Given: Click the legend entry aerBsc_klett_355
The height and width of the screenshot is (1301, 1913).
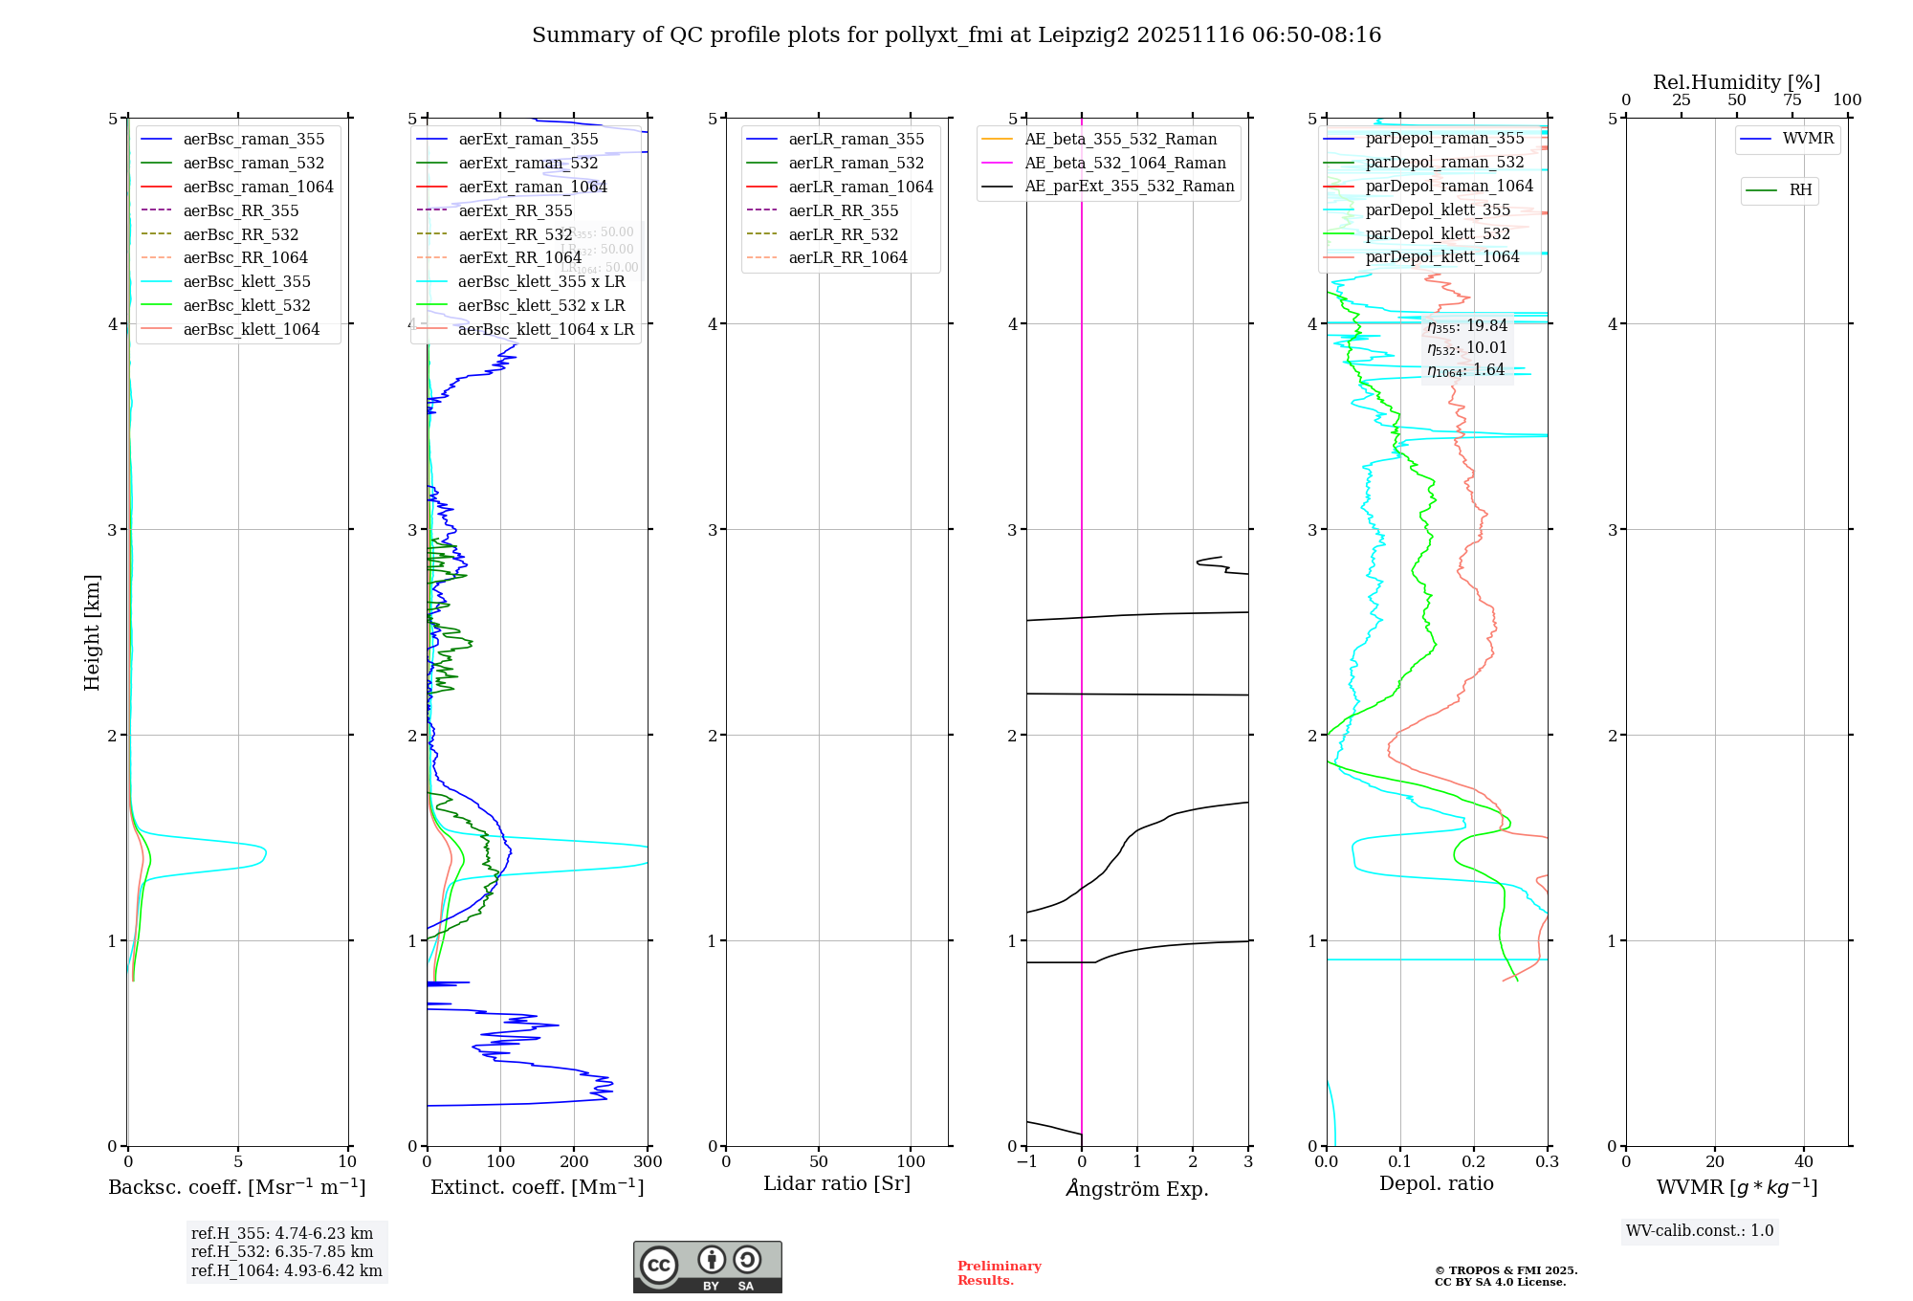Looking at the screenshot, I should (247, 281).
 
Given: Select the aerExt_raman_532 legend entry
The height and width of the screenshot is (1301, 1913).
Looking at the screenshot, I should (528, 163).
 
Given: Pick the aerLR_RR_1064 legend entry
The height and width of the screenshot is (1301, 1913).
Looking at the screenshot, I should (847, 257).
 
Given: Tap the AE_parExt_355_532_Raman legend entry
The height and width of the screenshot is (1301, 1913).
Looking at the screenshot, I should (1129, 186).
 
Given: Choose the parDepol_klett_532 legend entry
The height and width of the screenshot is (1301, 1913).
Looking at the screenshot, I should (1438, 233).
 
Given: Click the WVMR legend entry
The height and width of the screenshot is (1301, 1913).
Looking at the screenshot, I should (1808, 139).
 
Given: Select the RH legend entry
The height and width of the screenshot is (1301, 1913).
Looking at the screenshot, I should (1800, 190).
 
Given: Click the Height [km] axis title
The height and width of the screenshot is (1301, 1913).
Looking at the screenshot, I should (92, 632).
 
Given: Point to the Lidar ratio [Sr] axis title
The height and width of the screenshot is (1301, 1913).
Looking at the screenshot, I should (837, 1183).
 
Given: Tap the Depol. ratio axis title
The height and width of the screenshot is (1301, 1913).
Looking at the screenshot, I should (1436, 1183).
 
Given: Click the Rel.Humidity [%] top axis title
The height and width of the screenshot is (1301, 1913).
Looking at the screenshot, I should (1736, 82).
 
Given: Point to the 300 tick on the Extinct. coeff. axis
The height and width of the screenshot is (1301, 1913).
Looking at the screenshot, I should (648, 1162).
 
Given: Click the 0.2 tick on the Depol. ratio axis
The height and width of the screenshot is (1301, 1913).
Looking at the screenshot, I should (1474, 1162).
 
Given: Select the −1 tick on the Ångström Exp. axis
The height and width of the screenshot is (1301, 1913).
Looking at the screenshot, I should (1026, 1162).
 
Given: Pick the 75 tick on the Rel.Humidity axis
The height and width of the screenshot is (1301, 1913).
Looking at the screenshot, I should (1792, 99).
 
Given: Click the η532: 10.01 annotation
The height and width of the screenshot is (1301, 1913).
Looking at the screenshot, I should (1466, 348).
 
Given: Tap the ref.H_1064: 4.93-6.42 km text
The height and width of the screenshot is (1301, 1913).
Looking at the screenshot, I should (286, 1270).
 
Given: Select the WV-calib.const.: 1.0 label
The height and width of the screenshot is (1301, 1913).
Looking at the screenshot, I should (1700, 1230).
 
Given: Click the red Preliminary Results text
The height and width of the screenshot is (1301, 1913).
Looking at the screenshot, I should (999, 1273).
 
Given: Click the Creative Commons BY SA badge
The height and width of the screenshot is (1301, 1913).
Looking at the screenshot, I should (707, 1268).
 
